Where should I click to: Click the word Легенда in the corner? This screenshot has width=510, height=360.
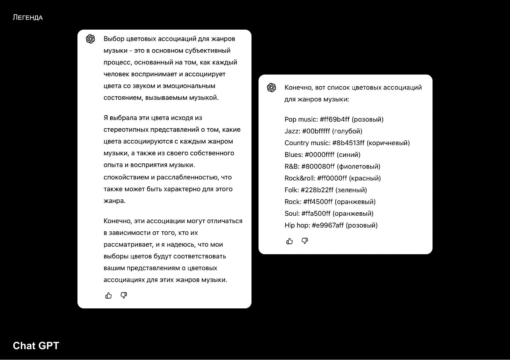[27, 18]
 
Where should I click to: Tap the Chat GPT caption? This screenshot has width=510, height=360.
[36, 346]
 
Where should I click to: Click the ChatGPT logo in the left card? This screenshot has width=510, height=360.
[91, 39]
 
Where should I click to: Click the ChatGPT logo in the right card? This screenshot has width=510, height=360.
[272, 88]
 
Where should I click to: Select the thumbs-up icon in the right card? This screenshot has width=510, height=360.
[289, 241]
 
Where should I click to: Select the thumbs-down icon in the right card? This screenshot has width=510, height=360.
[305, 241]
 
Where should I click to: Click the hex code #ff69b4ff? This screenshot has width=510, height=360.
[335, 119]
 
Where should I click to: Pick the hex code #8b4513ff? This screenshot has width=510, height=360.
[348, 143]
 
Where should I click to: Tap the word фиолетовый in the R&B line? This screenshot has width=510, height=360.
[359, 167]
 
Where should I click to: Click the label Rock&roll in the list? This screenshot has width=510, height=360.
[299, 178]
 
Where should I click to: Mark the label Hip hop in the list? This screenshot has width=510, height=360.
[296, 226]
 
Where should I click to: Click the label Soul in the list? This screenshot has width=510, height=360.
[291, 214]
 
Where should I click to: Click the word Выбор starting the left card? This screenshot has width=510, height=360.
[114, 39]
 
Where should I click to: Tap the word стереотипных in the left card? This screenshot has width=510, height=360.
[126, 130]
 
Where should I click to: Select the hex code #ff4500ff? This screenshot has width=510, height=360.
[318, 202]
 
